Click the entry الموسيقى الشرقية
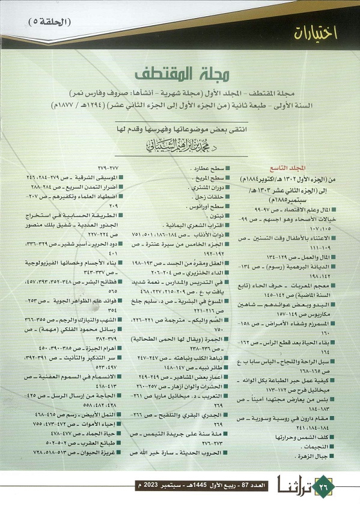click(84, 179)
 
